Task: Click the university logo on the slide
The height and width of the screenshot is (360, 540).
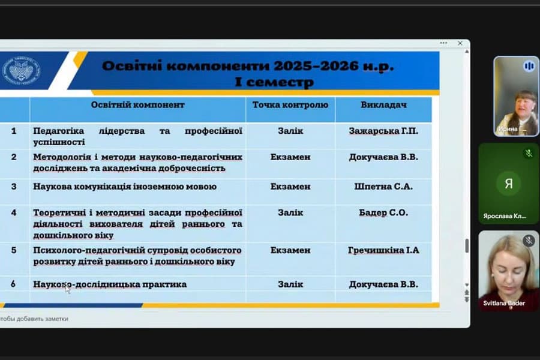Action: tap(22, 70)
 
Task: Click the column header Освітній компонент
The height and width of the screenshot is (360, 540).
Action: tap(137, 105)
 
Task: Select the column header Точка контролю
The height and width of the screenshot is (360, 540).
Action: tap(290, 105)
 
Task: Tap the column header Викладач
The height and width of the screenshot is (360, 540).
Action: tap(383, 105)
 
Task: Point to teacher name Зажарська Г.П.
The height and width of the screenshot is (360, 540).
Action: tap(383, 131)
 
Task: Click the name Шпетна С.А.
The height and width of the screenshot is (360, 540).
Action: tap(383, 187)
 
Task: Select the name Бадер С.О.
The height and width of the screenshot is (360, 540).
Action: tap(383, 212)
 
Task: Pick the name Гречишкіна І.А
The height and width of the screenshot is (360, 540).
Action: tap(383, 250)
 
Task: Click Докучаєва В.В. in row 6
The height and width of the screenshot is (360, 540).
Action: tap(383, 284)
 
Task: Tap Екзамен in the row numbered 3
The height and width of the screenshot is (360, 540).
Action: tap(290, 187)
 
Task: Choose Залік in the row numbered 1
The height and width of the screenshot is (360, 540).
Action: tap(290, 131)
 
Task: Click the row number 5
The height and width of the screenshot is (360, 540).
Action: tap(14, 250)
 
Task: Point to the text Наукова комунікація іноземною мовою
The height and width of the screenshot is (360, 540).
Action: tap(125, 187)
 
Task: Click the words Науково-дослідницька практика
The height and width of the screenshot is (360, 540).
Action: tap(110, 284)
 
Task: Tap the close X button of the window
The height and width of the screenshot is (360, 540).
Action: tap(460, 43)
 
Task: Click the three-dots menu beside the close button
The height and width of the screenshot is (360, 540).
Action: tap(443, 43)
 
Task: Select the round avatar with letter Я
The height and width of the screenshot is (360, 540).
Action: tap(508, 184)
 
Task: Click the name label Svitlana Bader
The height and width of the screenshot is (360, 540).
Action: tap(504, 304)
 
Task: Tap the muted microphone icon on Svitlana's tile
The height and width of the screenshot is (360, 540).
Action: tap(529, 241)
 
